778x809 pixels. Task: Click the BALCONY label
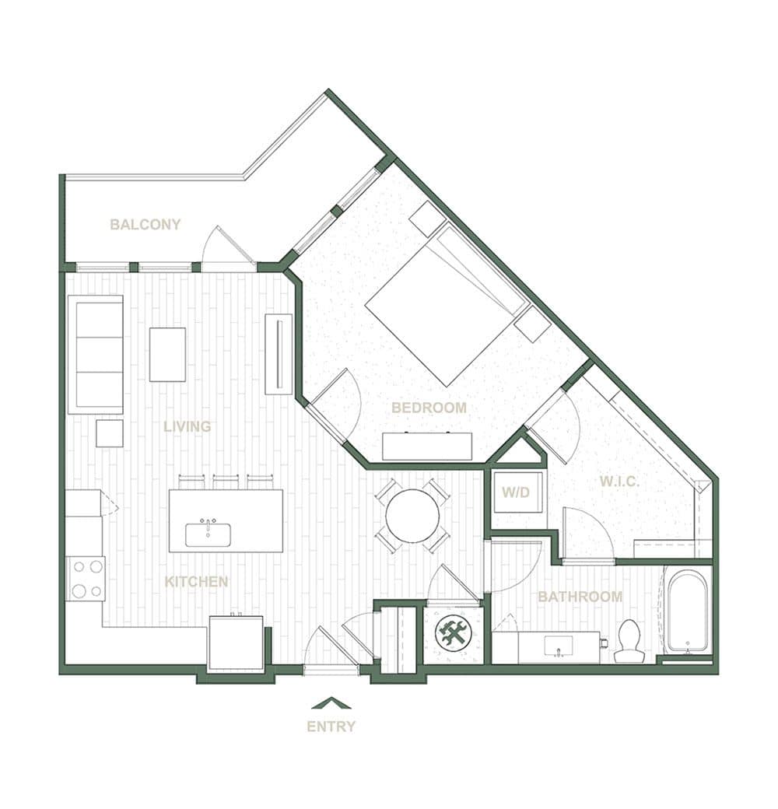145,225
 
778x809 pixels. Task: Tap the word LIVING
187,426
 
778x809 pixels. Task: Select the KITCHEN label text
196,582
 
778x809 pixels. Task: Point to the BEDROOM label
429,408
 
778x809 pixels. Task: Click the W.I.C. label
619,482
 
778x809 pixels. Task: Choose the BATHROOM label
580,597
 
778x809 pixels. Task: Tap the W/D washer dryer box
516,492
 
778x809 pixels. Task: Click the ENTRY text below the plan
331,727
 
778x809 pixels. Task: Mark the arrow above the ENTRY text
331,702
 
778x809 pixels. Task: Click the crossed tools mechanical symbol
451,632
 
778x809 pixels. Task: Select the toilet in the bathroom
629,641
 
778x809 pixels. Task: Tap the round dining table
413,516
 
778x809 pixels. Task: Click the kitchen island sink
208,534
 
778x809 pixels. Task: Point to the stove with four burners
86,579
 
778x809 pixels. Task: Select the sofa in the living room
96,354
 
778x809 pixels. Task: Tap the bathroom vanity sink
559,646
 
